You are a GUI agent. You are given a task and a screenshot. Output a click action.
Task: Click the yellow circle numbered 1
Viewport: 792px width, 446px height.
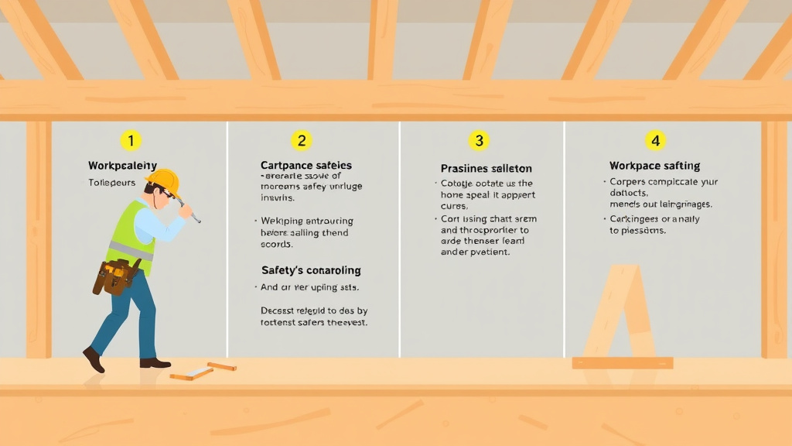pos(131,140)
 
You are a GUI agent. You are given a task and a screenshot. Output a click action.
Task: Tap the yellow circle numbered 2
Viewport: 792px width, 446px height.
pos(301,140)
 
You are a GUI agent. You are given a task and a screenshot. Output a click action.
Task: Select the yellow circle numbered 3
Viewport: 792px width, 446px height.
pos(479,140)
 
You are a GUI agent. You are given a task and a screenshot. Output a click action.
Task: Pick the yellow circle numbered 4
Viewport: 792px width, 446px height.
pos(655,140)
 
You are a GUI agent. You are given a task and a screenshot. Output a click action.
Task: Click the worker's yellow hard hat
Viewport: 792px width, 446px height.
pos(164,182)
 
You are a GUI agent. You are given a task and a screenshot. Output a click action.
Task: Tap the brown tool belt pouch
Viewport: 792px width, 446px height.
pos(117,276)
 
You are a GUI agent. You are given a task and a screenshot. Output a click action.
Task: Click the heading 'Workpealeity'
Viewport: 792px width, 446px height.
pos(122,165)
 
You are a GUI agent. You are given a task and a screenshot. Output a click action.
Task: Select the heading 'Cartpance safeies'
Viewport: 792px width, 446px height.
pos(306,165)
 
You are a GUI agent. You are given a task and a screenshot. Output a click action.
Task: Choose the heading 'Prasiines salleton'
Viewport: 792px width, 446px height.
pos(486,168)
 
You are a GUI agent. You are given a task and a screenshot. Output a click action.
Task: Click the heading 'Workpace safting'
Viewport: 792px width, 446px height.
pos(654,165)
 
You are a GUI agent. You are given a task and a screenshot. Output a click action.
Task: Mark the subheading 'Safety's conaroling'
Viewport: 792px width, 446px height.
pos(311,270)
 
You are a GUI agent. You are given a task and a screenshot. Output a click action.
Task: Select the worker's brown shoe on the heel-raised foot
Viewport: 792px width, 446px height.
pos(94,359)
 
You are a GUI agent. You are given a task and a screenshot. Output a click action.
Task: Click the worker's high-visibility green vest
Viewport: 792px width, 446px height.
pos(131,236)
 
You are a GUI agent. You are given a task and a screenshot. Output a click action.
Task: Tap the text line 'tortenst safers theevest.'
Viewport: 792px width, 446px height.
pos(314,321)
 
